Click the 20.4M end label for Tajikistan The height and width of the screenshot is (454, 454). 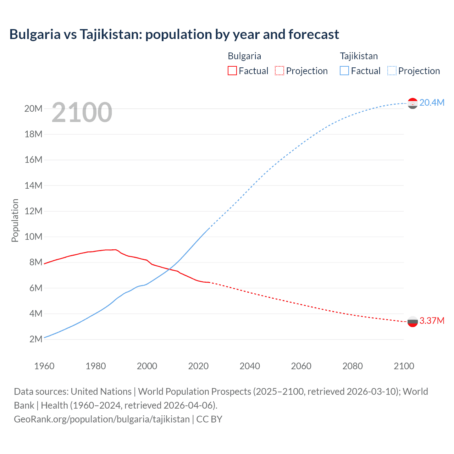pos(432,103)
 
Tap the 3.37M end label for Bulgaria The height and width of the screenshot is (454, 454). pos(432,321)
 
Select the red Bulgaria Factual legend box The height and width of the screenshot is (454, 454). pos(232,71)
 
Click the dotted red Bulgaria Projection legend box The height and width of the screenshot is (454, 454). pos(279,71)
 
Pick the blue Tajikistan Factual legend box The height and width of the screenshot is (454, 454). pos(344,71)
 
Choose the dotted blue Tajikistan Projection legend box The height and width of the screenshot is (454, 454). pos(392,71)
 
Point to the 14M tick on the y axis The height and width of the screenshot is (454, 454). pos(33,186)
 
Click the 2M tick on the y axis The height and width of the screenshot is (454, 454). pos(36,339)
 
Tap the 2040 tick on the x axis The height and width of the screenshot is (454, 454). pos(250,366)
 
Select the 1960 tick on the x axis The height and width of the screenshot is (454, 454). pos(44,366)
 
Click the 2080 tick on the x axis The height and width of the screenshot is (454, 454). pos(353,366)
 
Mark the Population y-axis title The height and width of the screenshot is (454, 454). pos(15,220)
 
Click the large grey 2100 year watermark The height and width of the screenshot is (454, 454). pos(82,112)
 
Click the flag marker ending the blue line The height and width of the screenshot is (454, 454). pos(413,103)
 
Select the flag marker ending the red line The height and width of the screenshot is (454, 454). pos(413,322)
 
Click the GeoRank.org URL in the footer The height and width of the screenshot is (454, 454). pos(102,419)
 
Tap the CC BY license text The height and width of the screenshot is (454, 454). pos(209,419)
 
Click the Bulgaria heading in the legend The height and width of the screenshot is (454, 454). pos(244,56)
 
